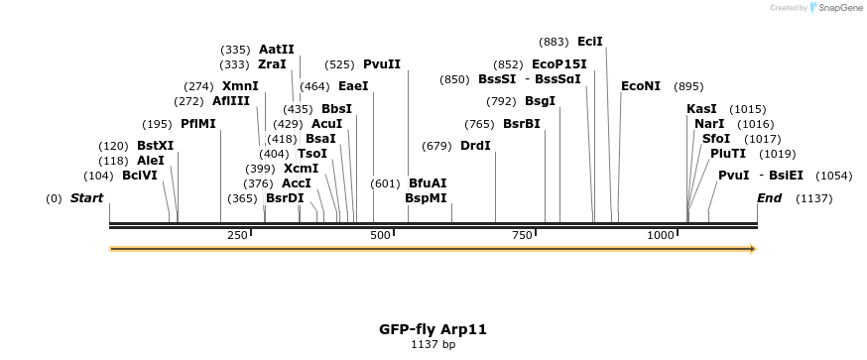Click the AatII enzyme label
coord(276,49)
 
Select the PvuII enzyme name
coord(382,63)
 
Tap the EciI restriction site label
coord(589,42)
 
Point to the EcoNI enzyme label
coord(640,86)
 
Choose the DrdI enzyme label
coord(475,146)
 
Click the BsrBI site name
coord(521,124)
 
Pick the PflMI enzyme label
coord(197,124)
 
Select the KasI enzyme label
coord(701,109)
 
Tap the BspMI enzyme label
coord(426,198)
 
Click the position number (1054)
coord(833,176)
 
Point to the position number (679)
coord(436,146)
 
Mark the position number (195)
coord(157,124)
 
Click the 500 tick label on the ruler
coord(380,235)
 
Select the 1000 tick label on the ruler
coord(661,235)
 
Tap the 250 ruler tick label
coord(237,235)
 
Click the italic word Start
coord(86,198)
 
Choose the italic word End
coord(769,198)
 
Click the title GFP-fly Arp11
coord(433,328)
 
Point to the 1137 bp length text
coord(433,344)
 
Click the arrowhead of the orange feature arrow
coord(752,249)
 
